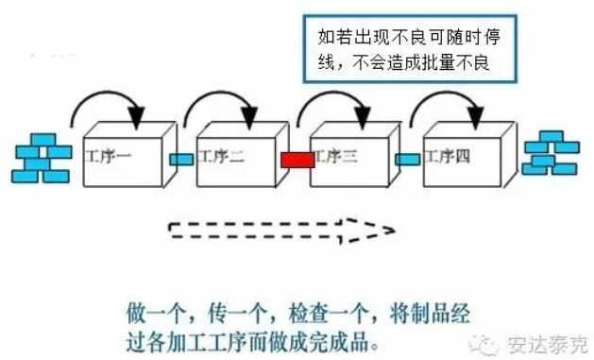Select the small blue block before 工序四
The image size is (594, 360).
[x=408, y=159]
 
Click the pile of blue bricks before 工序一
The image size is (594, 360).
[x=41, y=159]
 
